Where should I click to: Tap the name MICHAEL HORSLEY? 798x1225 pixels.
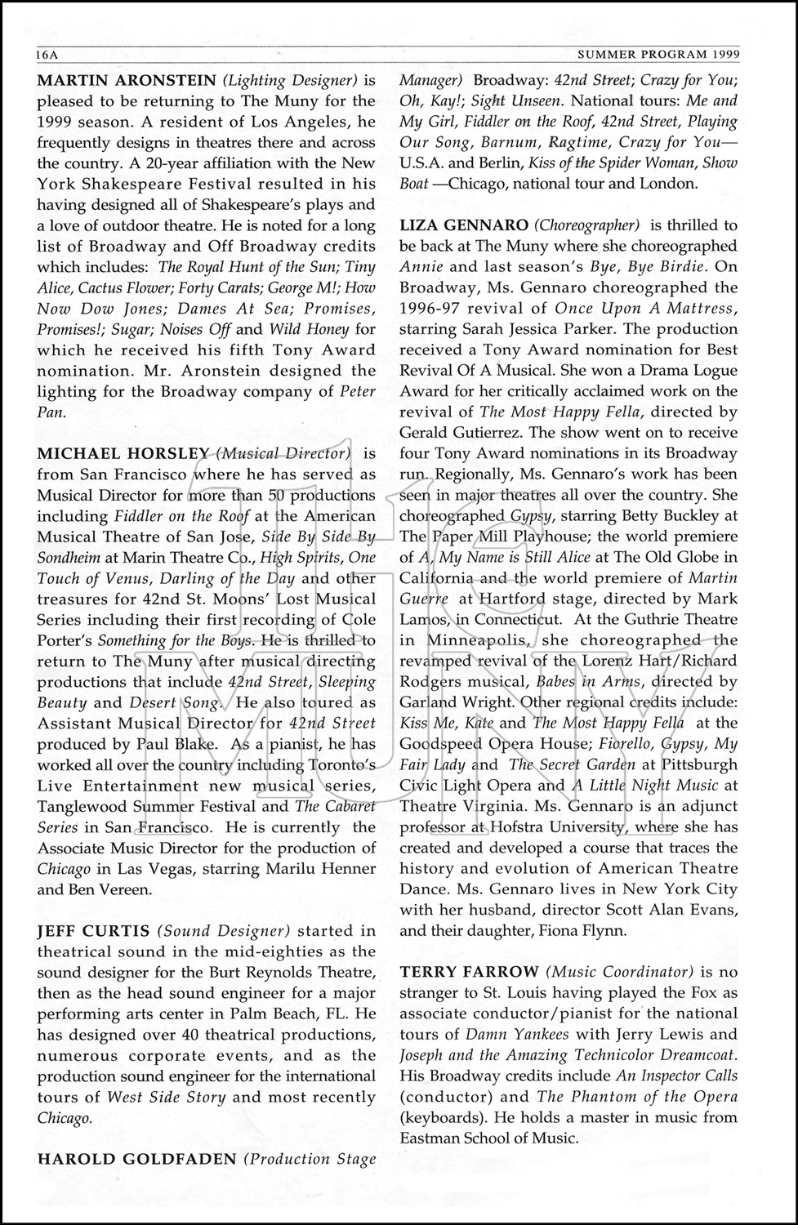(x=123, y=453)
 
